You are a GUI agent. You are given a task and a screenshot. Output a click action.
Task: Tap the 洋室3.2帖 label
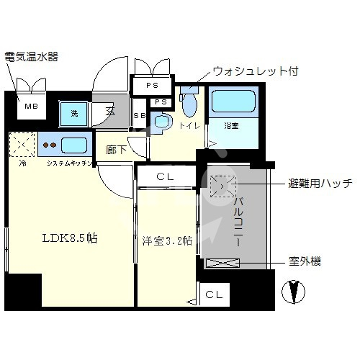(x=166, y=240)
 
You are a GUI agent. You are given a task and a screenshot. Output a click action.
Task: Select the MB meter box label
(x=32, y=107)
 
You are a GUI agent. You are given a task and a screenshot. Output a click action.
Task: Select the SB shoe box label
(x=139, y=116)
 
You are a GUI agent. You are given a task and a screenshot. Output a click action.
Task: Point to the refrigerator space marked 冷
(x=21, y=145)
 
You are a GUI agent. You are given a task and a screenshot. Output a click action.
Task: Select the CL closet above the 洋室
(x=166, y=176)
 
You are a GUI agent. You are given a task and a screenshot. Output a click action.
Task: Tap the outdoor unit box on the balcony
(x=223, y=264)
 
